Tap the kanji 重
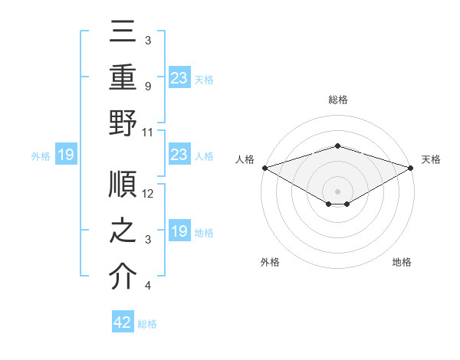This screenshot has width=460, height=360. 123,78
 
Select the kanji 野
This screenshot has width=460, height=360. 123,123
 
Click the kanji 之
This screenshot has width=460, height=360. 123,231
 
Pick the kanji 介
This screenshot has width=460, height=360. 123,276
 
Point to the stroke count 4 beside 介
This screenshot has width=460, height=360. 148,286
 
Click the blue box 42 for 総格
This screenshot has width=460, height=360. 123,322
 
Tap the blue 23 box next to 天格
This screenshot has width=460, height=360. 179,77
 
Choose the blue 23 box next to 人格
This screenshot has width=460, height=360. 179,155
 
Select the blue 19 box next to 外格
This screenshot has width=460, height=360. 66,155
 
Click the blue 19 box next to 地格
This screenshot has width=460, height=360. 179,231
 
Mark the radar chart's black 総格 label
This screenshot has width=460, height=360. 337,100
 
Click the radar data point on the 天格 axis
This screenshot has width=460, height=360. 412,168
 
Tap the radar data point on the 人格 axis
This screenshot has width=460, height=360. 264,168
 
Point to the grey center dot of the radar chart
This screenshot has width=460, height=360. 337,190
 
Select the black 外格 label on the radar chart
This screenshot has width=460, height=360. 270,262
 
